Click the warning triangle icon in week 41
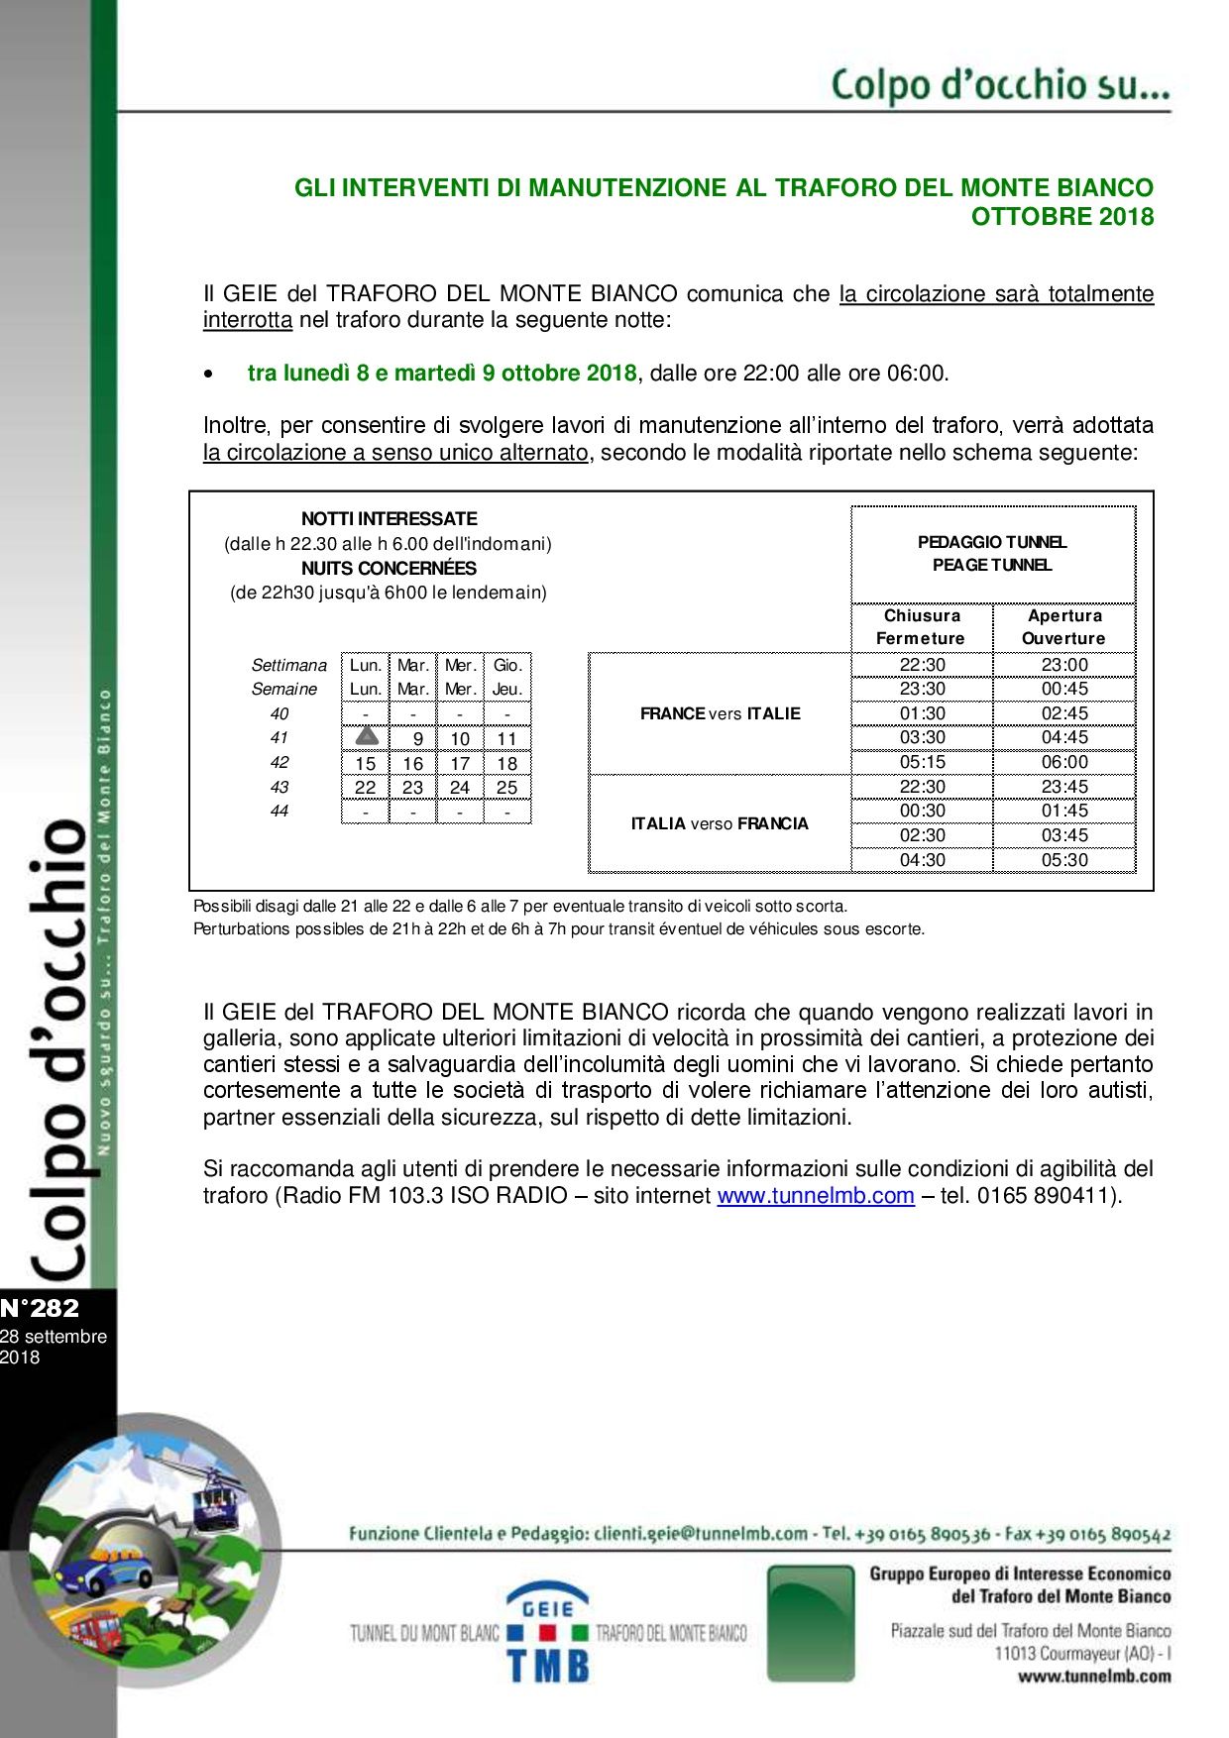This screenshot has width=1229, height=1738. (x=366, y=736)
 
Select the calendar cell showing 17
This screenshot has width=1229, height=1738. (x=460, y=763)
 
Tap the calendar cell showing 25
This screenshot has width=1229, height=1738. (x=506, y=788)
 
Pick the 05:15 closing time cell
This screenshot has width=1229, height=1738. (x=922, y=762)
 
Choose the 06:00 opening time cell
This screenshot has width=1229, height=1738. (x=1064, y=762)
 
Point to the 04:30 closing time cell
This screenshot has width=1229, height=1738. (x=922, y=860)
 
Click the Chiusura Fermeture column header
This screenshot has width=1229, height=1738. (x=922, y=627)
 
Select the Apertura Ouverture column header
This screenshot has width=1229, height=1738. (x=1064, y=627)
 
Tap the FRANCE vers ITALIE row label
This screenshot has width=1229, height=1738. (x=721, y=713)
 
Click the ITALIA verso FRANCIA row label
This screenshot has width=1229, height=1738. (x=721, y=823)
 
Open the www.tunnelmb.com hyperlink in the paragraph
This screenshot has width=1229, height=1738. (x=815, y=1195)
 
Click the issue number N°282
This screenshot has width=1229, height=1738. (x=40, y=1308)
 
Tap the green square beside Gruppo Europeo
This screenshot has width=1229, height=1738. (x=810, y=1622)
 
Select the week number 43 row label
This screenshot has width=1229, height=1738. (x=279, y=787)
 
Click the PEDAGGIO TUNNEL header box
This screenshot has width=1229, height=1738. (x=992, y=554)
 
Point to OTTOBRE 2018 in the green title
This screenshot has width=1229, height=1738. (x=1061, y=216)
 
